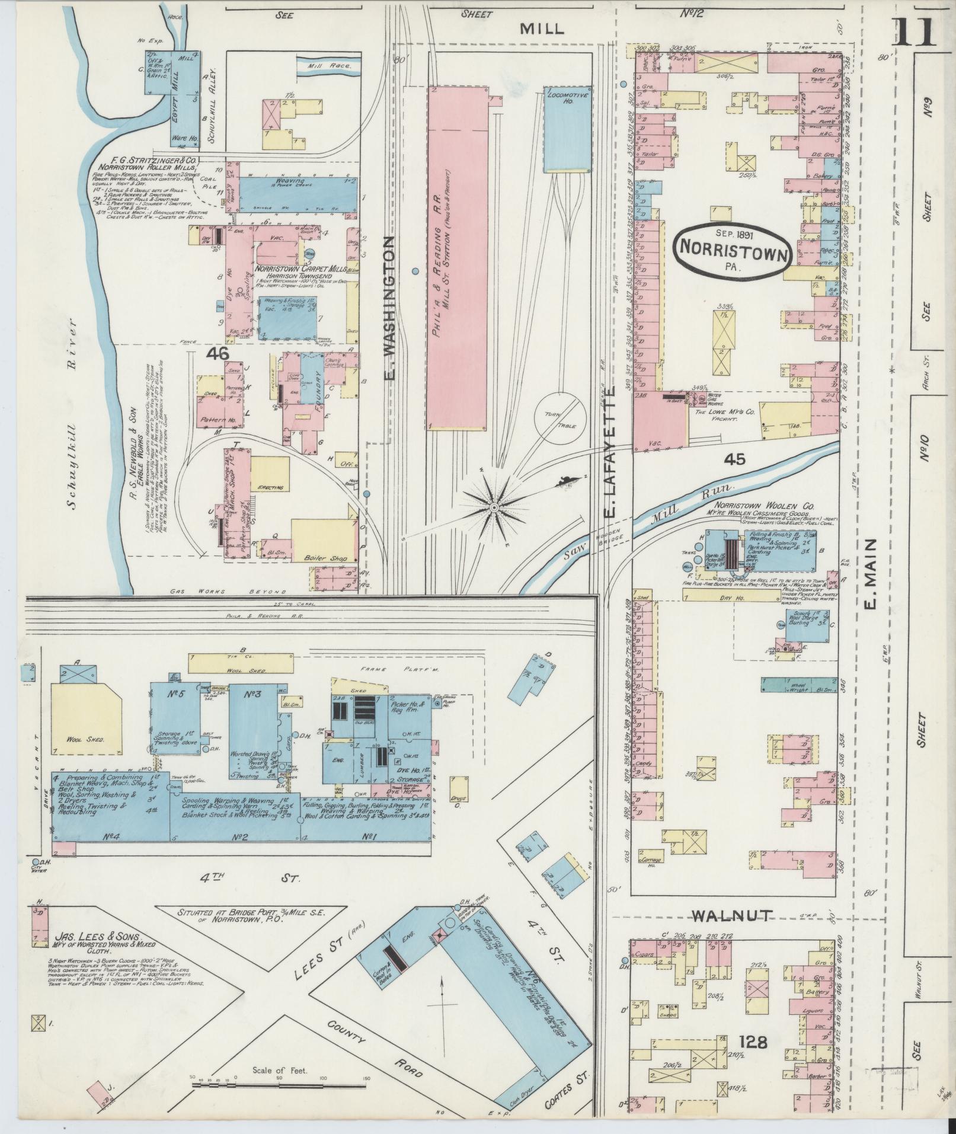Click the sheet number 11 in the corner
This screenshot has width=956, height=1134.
[913, 31]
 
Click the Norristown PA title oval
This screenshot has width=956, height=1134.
[733, 251]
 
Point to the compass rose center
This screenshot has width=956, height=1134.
[493, 507]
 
